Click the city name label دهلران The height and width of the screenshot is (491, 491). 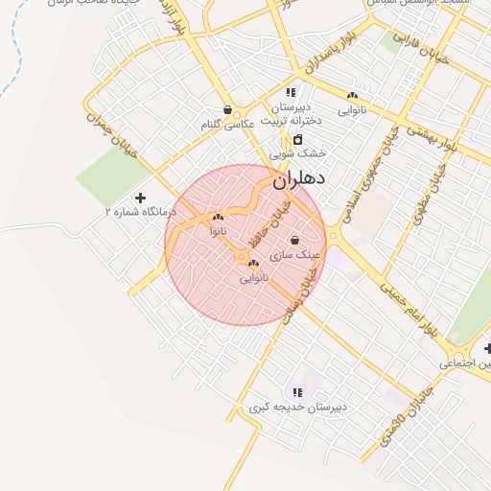pyautogui.click(x=299, y=178)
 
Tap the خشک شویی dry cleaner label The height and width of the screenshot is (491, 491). pyautogui.click(x=297, y=153)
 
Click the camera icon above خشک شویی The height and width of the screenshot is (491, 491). pyautogui.click(x=297, y=140)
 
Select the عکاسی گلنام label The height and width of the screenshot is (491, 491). pyautogui.click(x=227, y=126)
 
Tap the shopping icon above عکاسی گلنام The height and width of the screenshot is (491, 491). pyautogui.click(x=227, y=110)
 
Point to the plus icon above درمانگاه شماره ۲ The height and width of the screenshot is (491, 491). pyautogui.click(x=141, y=197)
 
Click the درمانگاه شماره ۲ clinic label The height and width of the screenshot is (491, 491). pyautogui.click(x=141, y=211)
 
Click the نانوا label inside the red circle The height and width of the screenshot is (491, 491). pyautogui.click(x=219, y=232)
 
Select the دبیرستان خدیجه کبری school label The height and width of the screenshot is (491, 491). pyautogui.click(x=297, y=407)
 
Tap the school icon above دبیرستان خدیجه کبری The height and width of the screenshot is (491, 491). pyautogui.click(x=297, y=392)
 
